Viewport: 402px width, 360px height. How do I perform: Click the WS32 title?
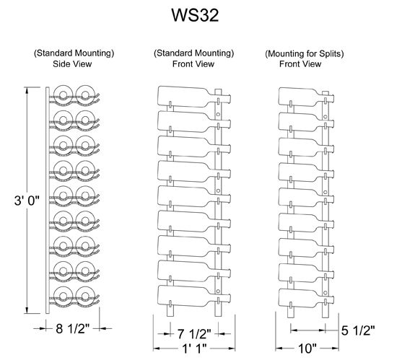pos(195,15)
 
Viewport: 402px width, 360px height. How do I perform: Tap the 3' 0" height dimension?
pos(27,200)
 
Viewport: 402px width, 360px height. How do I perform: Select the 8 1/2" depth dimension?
pos(73,328)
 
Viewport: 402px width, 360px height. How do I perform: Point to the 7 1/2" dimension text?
pos(194,333)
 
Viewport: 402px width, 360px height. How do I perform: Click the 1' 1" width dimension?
pos(194,348)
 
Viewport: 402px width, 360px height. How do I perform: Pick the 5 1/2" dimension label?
pos(358,330)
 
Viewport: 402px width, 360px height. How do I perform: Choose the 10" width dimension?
pos(307,348)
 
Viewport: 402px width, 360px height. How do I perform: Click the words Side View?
pos(72,63)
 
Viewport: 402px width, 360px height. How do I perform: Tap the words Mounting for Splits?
pos(305,54)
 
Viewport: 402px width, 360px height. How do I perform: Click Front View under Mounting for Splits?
pos(300,63)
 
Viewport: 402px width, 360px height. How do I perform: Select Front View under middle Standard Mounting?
pos(193,63)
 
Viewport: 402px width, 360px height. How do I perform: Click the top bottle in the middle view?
pos(194,97)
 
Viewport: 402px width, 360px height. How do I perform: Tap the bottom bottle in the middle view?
pos(194,296)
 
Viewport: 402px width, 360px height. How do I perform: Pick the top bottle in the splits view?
pos(306,97)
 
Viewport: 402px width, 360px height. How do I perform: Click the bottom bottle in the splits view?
pos(306,299)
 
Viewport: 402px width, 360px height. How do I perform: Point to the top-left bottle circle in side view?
pos(63,95)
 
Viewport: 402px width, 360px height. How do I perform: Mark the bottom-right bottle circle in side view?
pos(86,296)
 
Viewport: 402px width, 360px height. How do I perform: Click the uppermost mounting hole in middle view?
pos(218,114)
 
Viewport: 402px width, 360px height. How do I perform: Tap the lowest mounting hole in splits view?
pos(325,293)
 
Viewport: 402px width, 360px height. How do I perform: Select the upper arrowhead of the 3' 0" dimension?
pos(27,91)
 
